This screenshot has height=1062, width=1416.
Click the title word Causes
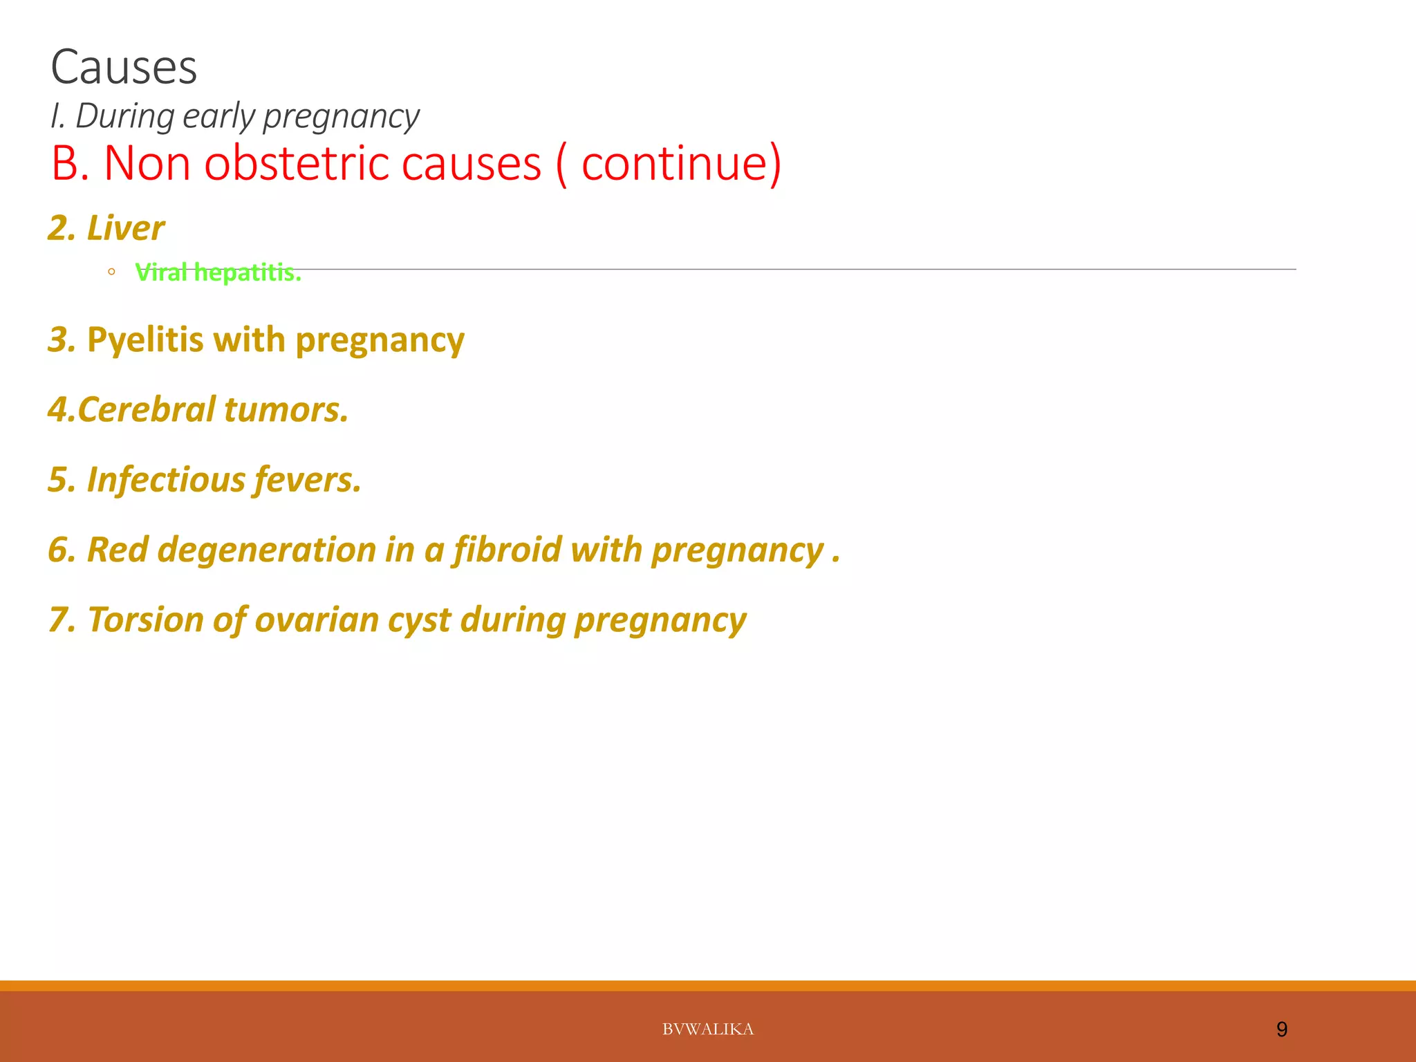pyautogui.click(x=124, y=68)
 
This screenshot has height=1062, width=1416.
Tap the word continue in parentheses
pyautogui.click(x=675, y=164)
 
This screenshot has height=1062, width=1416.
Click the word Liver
pyautogui.click(x=125, y=228)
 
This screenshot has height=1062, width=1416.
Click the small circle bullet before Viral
pyautogui.click(x=111, y=272)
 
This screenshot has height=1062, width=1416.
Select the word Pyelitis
pyautogui.click(x=145, y=340)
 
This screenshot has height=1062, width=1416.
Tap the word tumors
pyautogui.click(x=286, y=409)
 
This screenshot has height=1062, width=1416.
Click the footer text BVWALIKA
pyautogui.click(x=707, y=1030)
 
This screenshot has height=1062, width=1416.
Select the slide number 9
pyautogui.click(x=1281, y=1030)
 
